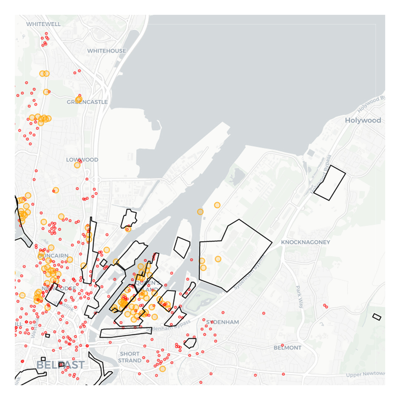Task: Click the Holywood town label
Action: tap(363, 120)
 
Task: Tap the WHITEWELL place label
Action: tap(43, 24)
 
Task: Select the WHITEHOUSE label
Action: tap(107, 51)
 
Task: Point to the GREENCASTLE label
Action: tap(87, 102)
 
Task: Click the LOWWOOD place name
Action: tap(82, 160)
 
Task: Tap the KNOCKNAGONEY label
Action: tap(305, 242)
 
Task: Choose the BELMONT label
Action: tap(287, 348)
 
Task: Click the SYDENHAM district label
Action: tap(222, 322)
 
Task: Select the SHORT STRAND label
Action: tap(130, 357)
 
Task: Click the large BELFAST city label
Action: tap(60, 365)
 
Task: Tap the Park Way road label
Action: tap(299, 297)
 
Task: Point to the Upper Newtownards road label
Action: tap(365, 375)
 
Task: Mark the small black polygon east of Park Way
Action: tap(377, 317)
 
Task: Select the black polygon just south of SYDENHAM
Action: tap(190, 343)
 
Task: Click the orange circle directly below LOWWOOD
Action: tap(77, 165)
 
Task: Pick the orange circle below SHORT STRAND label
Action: tap(162, 369)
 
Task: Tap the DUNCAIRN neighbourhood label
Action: tap(53, 256)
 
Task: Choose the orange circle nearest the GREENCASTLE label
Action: tap(79, 99)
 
